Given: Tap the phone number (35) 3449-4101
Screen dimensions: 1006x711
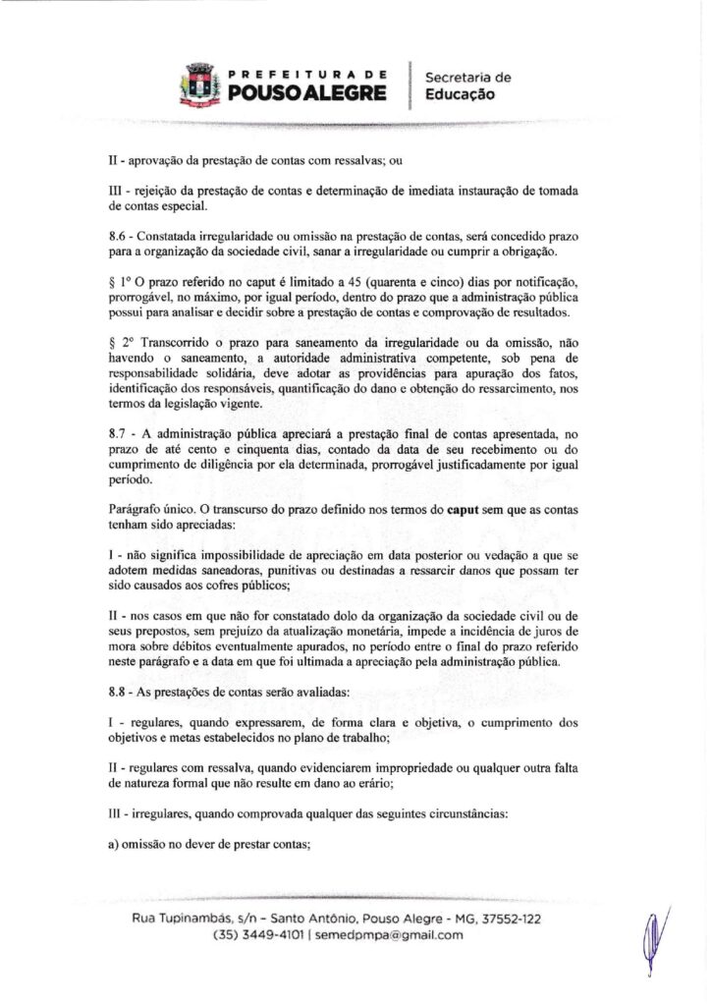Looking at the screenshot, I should pyautogui.click(x=257, y=935).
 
